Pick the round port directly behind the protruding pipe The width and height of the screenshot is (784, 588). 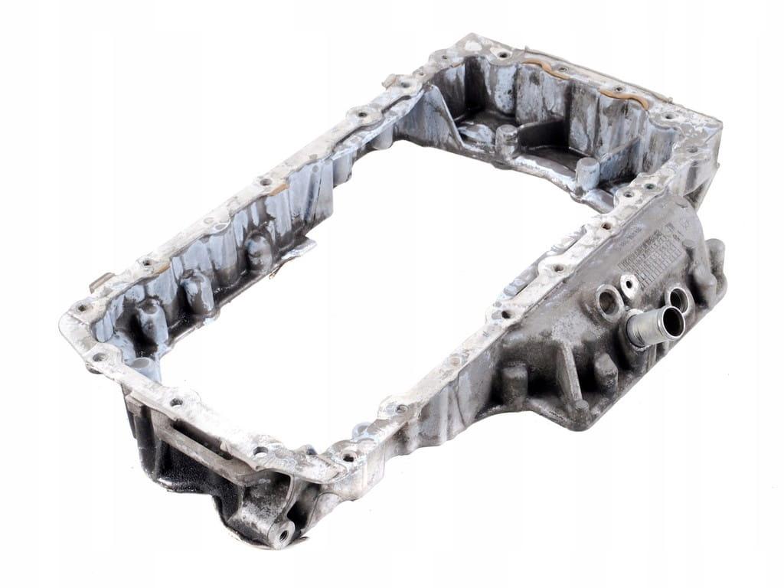click(x=678, y=299)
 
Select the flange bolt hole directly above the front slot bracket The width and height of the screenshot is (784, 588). click(x=176, y=401)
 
